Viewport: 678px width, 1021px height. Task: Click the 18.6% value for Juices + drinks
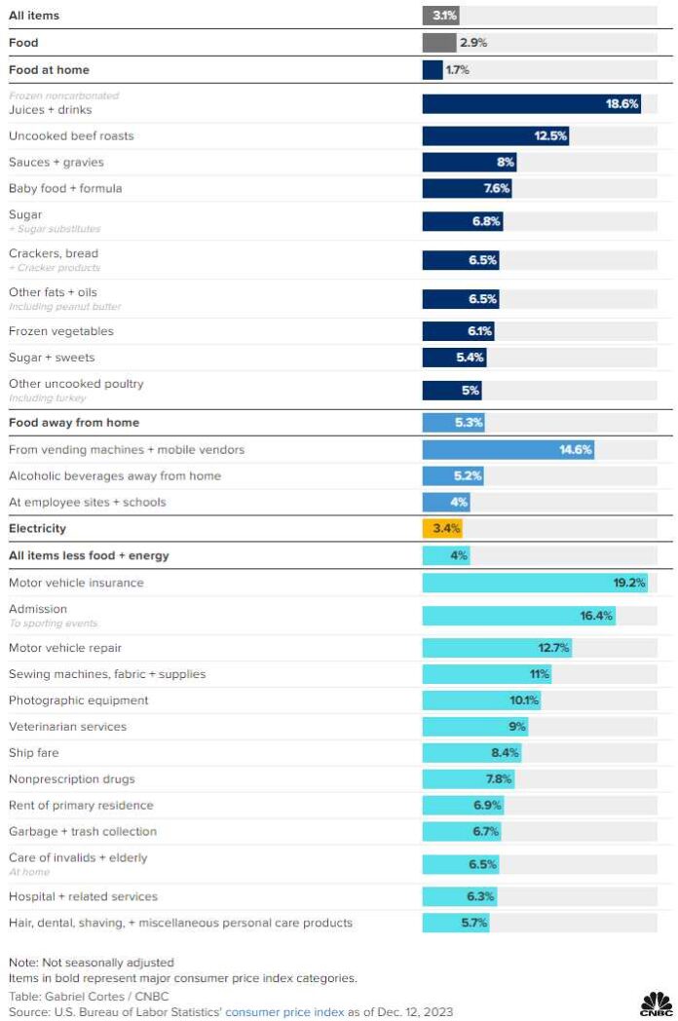[x=621, y=103]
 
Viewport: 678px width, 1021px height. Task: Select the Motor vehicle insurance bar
[x=535, y=583]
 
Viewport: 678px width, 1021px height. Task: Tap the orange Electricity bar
[x=442, y=528]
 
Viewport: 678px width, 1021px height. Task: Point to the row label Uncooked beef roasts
[x=71, y=135]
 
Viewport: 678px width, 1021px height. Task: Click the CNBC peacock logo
[x=656, y=1003]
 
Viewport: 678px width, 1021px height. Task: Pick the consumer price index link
[x=283, y=1012]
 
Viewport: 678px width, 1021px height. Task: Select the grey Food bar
[x=438, y=43]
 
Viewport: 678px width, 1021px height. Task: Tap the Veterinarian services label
[x=67, y=727]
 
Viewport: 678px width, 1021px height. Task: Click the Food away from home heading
[x=74, y=423]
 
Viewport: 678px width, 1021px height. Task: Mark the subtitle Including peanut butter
[x=64, y=306]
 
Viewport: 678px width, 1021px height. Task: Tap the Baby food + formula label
[x=65, y=188]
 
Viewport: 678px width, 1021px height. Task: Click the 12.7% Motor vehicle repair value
[x=553, y=648]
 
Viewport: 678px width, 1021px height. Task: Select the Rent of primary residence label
[x=81, y=806]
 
